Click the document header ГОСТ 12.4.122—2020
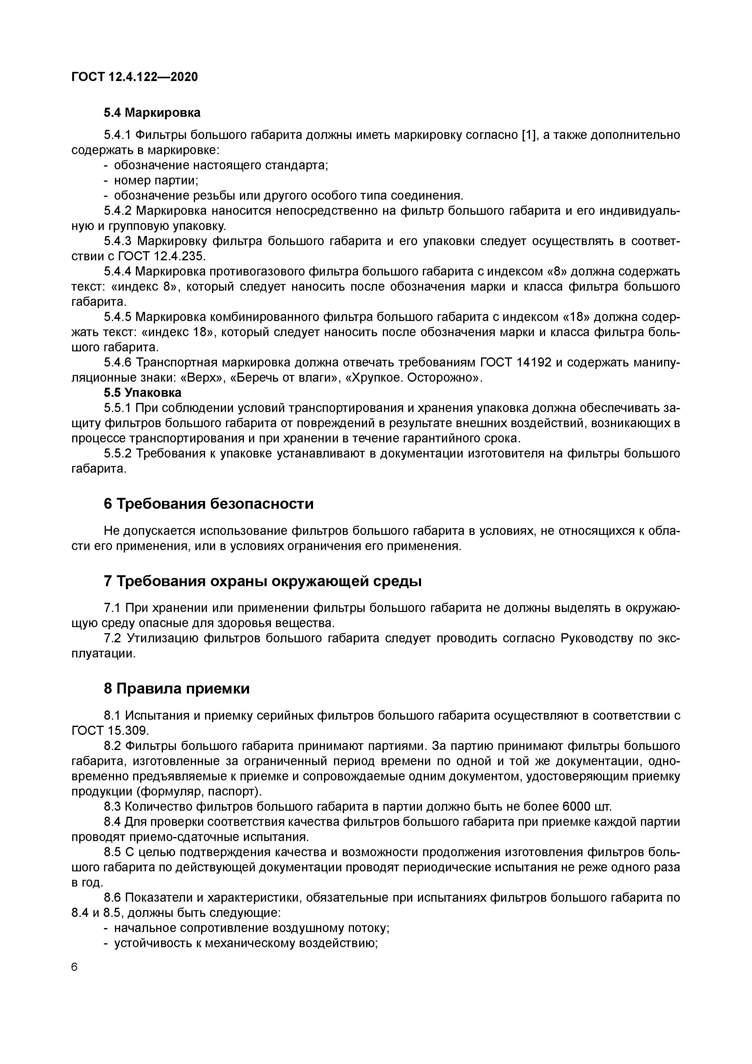(x=134, y=76)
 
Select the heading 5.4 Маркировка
(x=152, y=113)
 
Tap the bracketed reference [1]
(x=528, y=135)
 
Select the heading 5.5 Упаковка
(x=142, y=393)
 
